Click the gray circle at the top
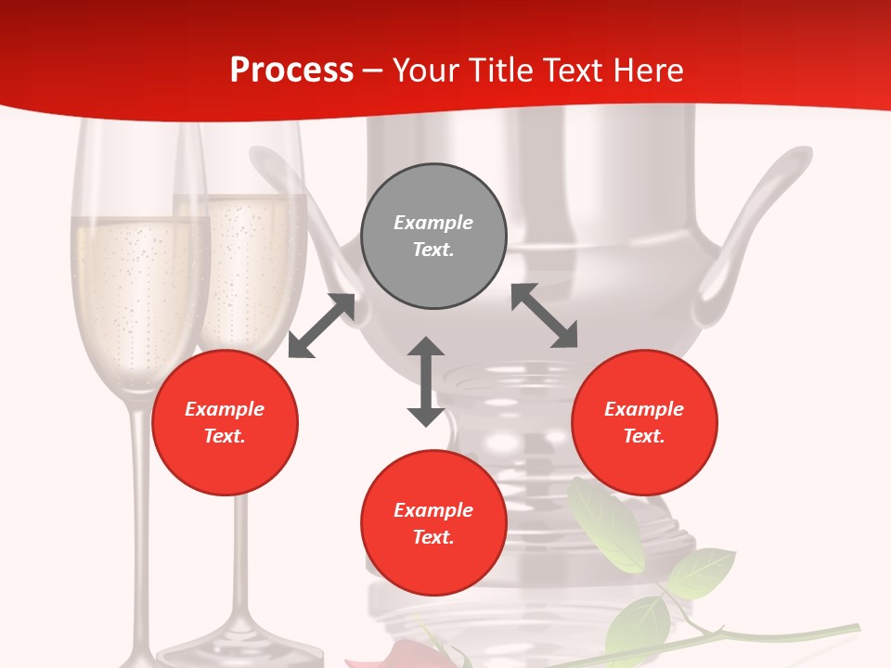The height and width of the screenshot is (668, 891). (x=433, y=237)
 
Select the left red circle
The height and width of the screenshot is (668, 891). (x=225, y=422)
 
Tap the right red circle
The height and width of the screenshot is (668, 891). (x=644, y=422)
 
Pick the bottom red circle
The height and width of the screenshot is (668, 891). (x=433, y=523)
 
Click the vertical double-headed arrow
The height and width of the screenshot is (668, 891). (x=426, y=381)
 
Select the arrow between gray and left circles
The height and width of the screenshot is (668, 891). (x=321, y=326)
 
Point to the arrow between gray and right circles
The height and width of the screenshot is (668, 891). (x=545, y=315)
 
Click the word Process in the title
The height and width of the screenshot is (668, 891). (x=291, y=70)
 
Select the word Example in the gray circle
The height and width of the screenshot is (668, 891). (x=433, y=223)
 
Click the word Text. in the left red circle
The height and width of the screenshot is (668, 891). (x=225, y=436)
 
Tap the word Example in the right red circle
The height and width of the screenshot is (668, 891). (x=644, y=409)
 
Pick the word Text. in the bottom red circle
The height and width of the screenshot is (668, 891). (x=433, y=537)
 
